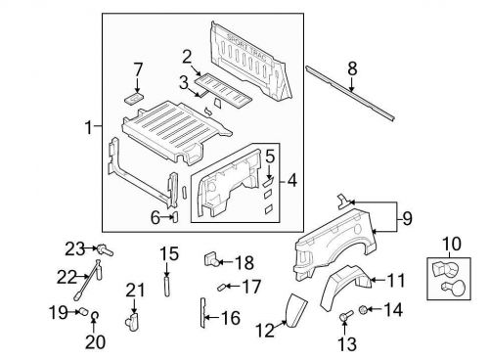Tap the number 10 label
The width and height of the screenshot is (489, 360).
coord(450,243)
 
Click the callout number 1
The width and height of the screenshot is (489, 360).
coord(89,127)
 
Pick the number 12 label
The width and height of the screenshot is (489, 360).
coord(265,331)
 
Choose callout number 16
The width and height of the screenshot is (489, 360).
coord(231,317)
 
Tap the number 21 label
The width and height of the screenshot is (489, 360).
coord(135,289)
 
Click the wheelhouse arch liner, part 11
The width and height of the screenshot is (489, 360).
coord(342,278)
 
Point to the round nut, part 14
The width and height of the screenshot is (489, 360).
coord(363,310)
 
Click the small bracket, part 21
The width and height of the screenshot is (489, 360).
coord(131,317)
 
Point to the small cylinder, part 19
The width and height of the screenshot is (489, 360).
coord(84,313)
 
